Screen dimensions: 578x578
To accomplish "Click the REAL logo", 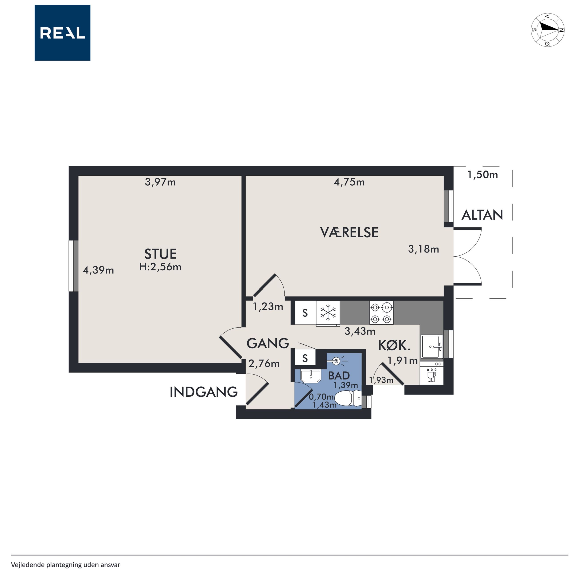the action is tap(62, 33).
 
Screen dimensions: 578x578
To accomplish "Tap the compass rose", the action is tap(548, 30).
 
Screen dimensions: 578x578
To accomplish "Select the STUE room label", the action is tap(160, 254).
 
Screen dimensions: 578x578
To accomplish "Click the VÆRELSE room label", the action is tap(349, 233).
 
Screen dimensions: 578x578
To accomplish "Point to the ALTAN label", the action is tap(482, 215).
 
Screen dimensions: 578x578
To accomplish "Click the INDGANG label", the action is tap(203, 392).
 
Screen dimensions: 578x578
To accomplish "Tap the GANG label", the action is tap(268, 343).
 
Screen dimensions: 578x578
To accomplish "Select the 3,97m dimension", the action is tap(160, 182).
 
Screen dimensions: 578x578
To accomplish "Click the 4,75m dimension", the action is tap(349, 182).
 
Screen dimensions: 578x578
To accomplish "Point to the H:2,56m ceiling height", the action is tap(160, 267).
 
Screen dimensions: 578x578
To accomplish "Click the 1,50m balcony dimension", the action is tap(483, 175).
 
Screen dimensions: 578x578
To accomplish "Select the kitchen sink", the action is tap(432, 346).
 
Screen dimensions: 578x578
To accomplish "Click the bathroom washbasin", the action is tap(311, 376).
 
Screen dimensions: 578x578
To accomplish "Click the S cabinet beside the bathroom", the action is tap(305, 358).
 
